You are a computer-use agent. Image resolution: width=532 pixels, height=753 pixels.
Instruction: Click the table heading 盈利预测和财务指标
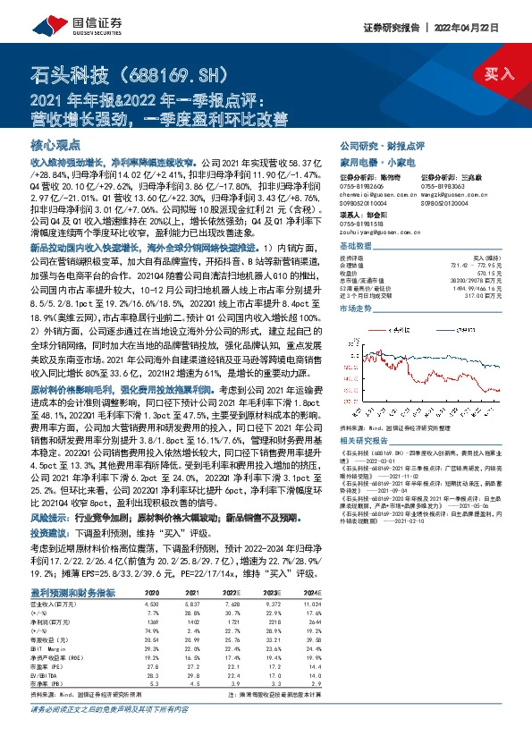coord(72,593)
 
